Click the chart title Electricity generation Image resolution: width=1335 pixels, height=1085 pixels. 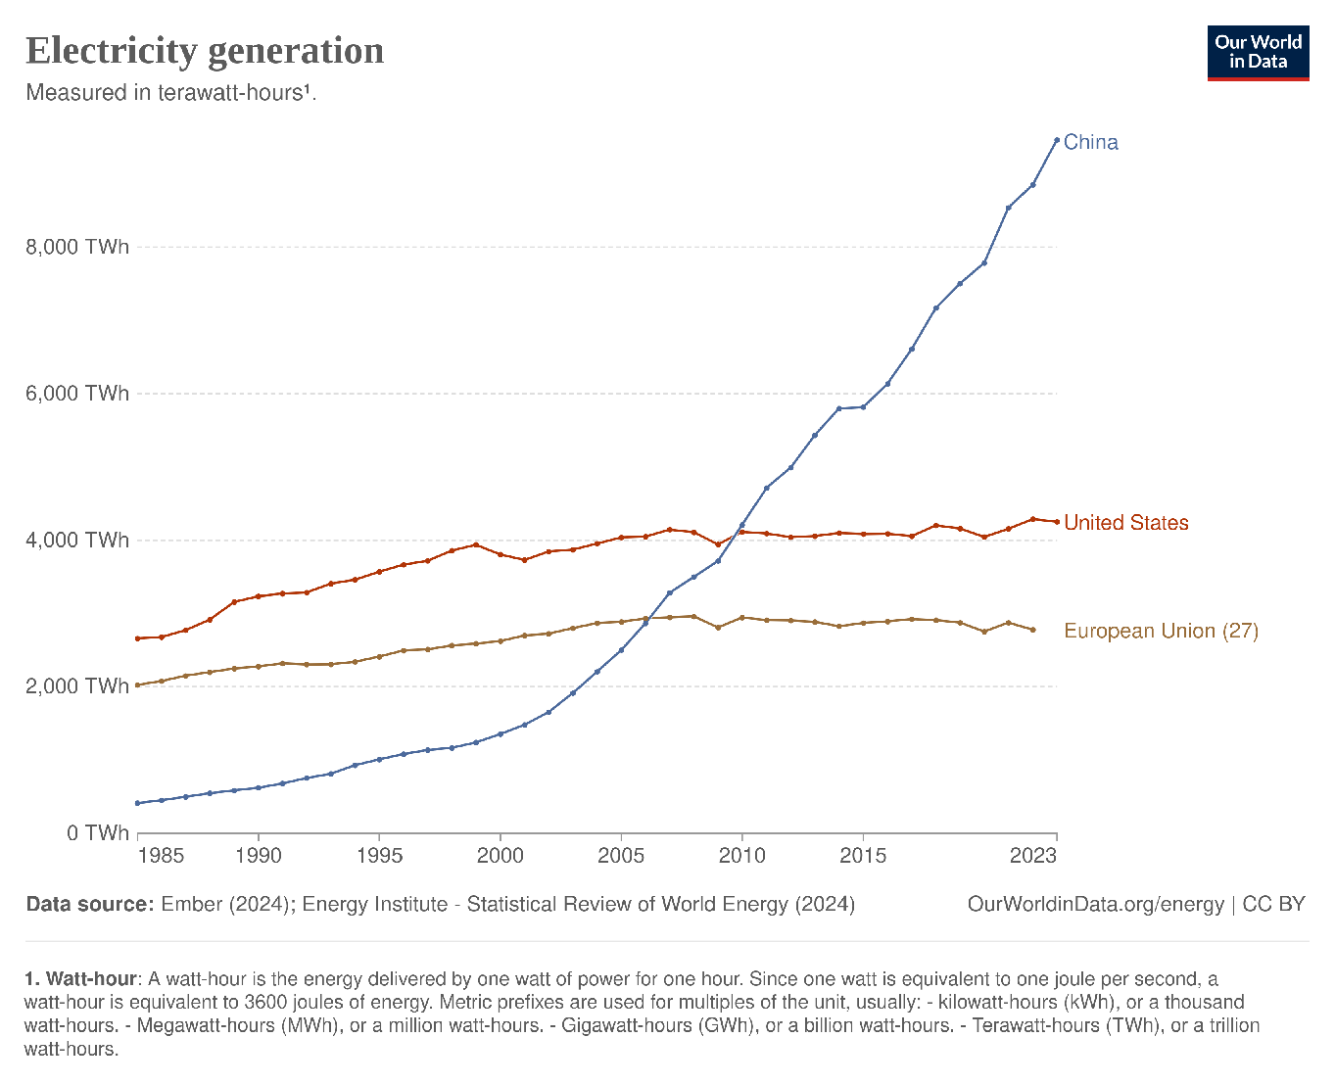click(x=205, y=51)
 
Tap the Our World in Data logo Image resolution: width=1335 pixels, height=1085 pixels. click(x=1258, y=53)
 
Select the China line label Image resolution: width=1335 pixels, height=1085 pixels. click(x=1090, y=142)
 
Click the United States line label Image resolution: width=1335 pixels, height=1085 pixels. click(x=1125, y=523)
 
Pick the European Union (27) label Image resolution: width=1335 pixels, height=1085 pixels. click(x=1161, y=631)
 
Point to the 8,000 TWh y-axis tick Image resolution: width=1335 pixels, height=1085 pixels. click(x=77, y=247)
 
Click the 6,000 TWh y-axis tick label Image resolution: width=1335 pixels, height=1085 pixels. click(x=77, y=394)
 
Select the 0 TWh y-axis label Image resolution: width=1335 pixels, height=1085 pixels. click(x=98, y=833)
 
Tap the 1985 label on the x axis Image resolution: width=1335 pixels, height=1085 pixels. click(x=162, y=856)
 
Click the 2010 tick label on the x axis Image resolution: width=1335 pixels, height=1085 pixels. click(x=741, y=856)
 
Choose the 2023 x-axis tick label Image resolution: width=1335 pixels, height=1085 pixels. click(x=1033, y=856)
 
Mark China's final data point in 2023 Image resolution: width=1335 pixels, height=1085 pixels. click(x=1056, y=140)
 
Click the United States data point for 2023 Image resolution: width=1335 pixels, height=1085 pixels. click(x=1056, y=522)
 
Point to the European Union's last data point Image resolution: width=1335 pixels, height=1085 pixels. click(x=1032, y=630)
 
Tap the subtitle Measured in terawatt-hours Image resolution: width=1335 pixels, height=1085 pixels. click(x=170, y=93)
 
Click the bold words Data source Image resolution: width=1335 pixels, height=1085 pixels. click(x=89, y=904)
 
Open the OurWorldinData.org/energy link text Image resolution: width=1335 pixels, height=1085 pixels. click(x=1095, y=904)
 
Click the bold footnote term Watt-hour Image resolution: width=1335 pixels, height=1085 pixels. click(x=94, y=979)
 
